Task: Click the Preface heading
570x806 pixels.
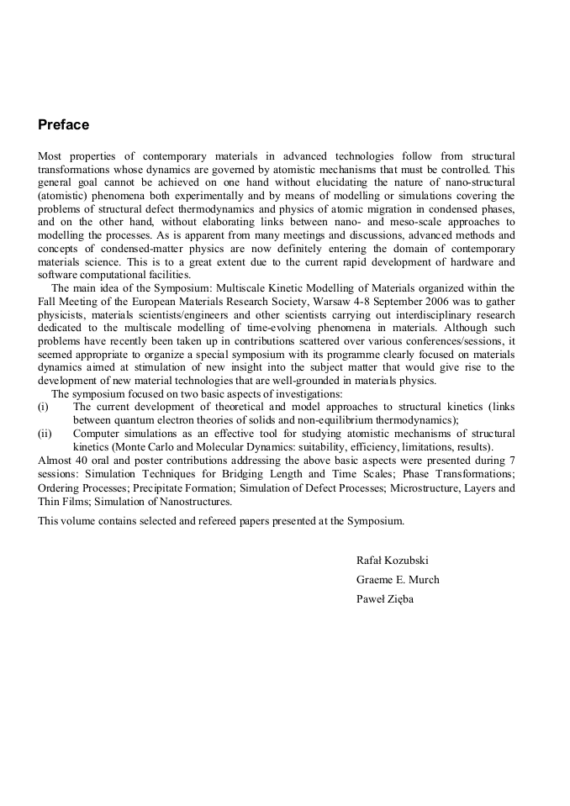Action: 63,125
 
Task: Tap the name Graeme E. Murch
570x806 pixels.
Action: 398,580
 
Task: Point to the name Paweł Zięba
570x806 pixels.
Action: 385,599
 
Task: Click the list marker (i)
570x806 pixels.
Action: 44,407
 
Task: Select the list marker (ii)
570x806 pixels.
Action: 45,434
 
